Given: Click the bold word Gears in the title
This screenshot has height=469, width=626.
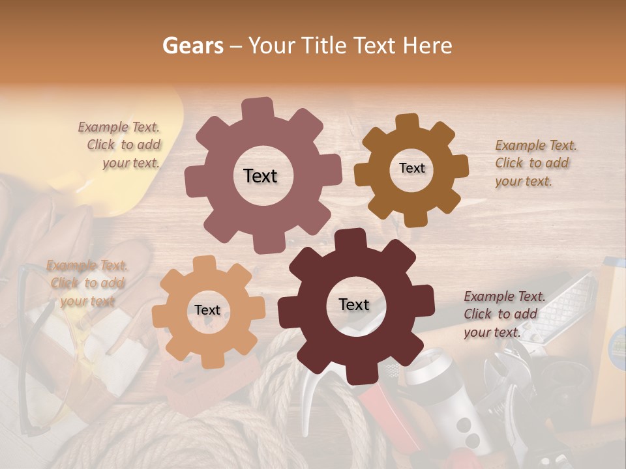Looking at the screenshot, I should [x=192, y=46].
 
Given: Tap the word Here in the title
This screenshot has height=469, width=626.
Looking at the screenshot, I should [x=428, y=46].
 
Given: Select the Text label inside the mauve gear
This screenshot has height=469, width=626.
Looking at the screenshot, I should [x=260, y=176].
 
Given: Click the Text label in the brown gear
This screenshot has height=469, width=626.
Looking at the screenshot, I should [x=411, y=168].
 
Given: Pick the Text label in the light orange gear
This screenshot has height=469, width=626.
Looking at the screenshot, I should [x=207, y=310].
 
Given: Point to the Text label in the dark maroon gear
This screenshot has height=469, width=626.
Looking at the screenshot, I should [x=354, y=304].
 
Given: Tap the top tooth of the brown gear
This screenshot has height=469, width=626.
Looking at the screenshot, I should [x=408, y=122].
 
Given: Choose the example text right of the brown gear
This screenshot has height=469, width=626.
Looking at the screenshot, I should [x=535, y=163].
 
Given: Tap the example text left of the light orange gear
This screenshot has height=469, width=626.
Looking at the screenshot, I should [x=87, y=283].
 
